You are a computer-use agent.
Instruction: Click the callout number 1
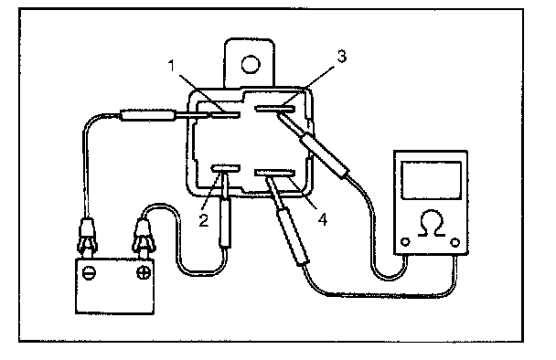[x=172, y=66]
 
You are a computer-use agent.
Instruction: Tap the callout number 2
[x=204, y=220]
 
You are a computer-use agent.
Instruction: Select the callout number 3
[x=341, y=57]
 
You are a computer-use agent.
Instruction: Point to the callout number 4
[x=322, y=219]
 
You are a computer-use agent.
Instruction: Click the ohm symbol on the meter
[x=432, y=224]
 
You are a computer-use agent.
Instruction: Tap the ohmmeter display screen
[x=432, y=180]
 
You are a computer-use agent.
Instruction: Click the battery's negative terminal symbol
[x=89, y=273]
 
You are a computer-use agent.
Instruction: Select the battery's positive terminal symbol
[x=143, y=272]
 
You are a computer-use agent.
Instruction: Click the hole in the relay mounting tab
[x=251, y=65]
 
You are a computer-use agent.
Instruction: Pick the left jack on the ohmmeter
[x=405, y=242]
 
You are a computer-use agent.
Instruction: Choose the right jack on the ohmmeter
[x=454, y=242]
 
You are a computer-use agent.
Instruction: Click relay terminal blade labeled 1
[x=225, y=114]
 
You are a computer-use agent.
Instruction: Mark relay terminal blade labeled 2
[x=226, y=168]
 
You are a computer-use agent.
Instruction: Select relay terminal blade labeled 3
[x=274, y=109]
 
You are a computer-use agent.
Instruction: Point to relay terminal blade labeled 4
[x=275, y=173]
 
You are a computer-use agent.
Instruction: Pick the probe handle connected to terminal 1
[x=147, y=115]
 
